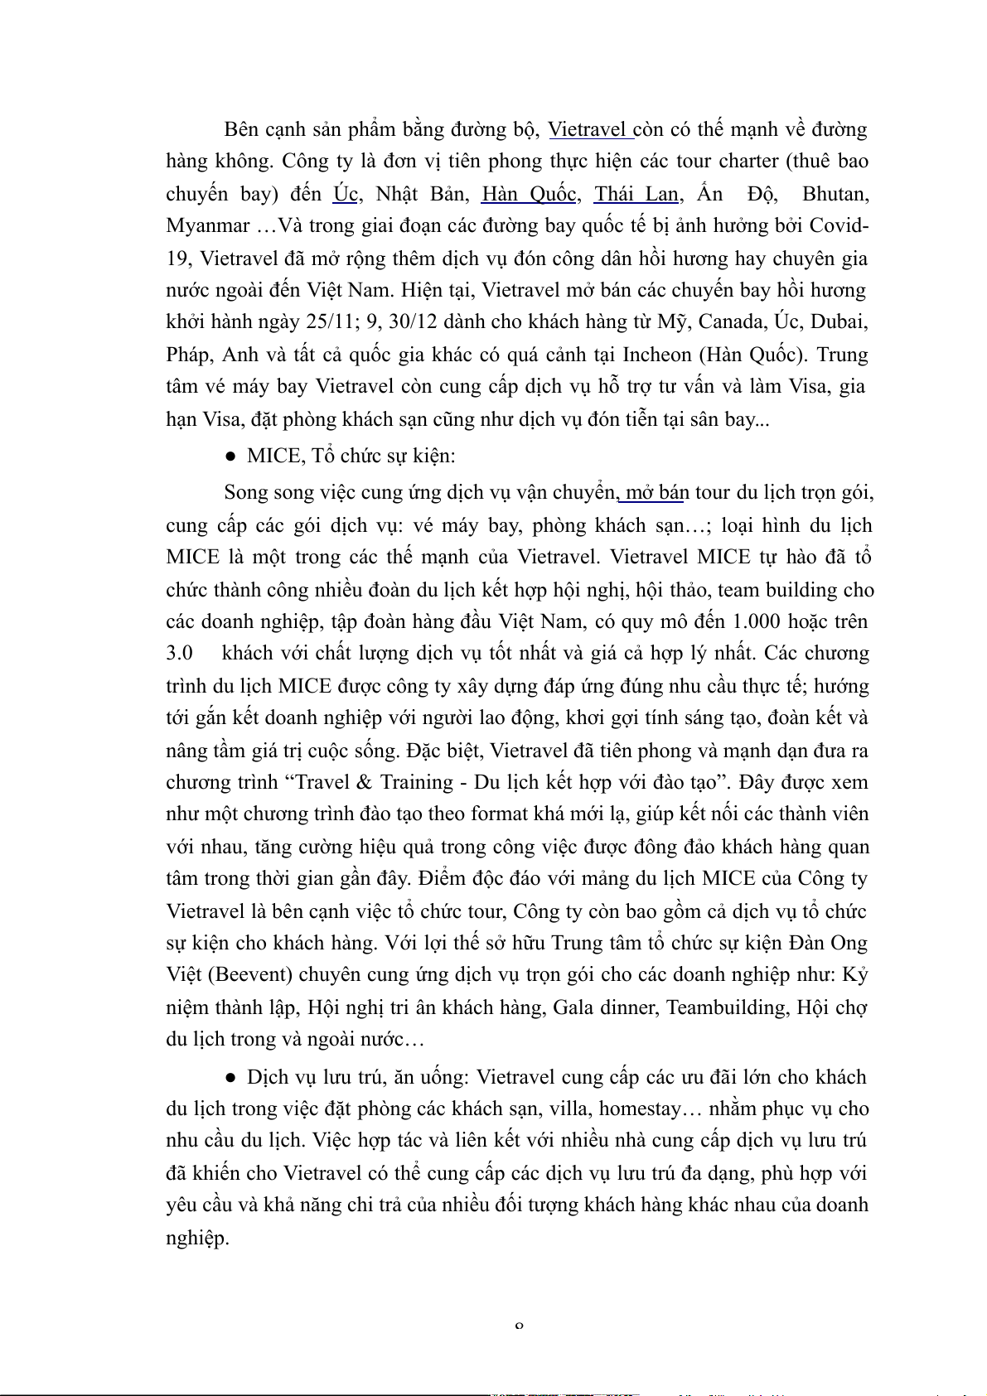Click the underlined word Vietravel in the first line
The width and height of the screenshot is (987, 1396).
pyautogui.click(x=587, y=129)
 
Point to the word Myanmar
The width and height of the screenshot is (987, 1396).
pyautogui.click(x=207, y=225)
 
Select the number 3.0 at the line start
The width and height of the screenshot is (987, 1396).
pyautogui.click(x=179, y=653)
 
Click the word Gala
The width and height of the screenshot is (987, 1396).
pyautogui.click(x=573, y=1007)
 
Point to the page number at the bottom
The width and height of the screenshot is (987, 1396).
pyautogui.click(x=519, y=1326)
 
